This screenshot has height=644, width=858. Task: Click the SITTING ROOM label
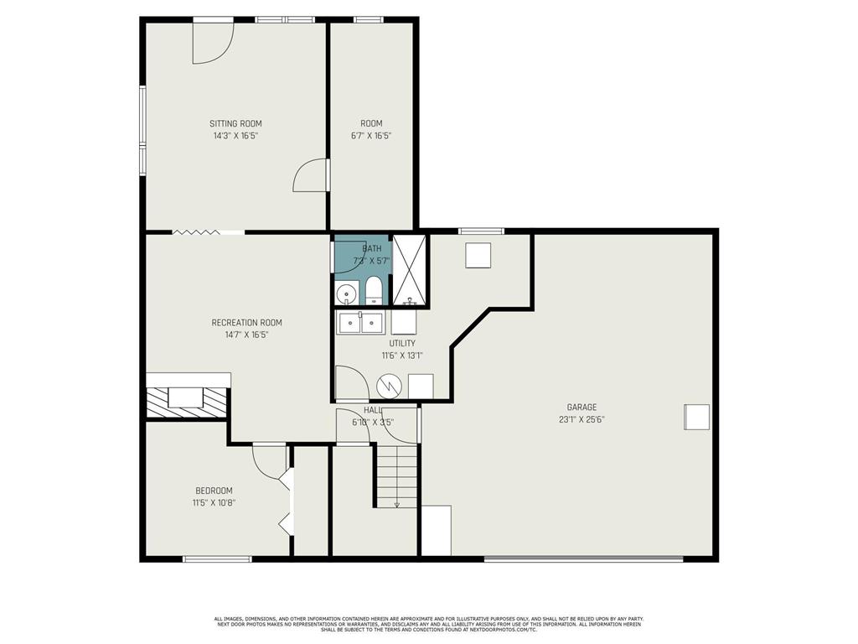pyautogui.click(x=235, y=123)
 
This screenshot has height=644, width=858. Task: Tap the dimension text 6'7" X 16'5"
pyautogui.click(x=371, y=136)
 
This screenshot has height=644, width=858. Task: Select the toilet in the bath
pyautogui.click(x=374, y=293)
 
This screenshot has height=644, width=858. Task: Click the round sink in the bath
pyautogui.click(x=346, y=294)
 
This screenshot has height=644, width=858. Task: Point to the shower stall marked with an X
pyautogui.click(x=410, y=270)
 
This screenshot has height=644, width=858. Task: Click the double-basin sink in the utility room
pyautogui.click(x=360, y=322)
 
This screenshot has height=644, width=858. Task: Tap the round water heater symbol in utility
pyautogui.click(x=389, y=386)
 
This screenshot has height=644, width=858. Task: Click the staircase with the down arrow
pyautogui.click(x=396, y=476)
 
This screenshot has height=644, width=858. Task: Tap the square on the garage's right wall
pyautogui.click(x=696, y=417)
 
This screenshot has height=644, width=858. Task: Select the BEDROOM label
pyautogui.click(x=214, y=491)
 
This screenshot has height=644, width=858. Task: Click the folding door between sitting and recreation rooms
pyautogui.click(x=195, y=231)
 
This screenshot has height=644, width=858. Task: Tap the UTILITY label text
pyautogui.click(x=401, y=343)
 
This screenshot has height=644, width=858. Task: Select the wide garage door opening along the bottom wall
pyautogui.click(x=583, y=558)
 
